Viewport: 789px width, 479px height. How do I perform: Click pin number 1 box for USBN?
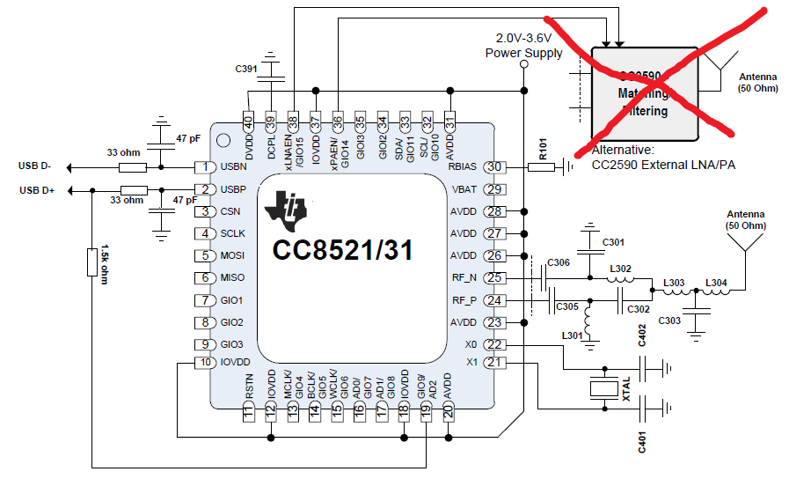pyautogui.click(x=206, y=167)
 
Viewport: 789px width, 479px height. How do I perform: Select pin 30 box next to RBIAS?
pyautogui.click(x=495, y=167)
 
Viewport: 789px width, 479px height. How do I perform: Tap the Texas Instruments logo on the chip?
pyautogui.click(x=287, y=209)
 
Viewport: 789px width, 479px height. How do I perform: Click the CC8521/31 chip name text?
pyautogui.click(x=343, y=249)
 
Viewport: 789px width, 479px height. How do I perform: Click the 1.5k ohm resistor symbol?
pyautogui.click(x=91, y=262)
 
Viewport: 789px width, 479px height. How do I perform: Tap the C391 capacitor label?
pyautogui.click(x=246, y=69)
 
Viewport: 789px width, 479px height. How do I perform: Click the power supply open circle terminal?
pyautogui.click(x=525, y=66)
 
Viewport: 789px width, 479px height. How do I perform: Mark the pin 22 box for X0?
pyautogui.click(x=495, y=345)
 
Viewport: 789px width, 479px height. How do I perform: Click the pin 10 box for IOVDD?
pyautogui.click(x=206, y=363)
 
